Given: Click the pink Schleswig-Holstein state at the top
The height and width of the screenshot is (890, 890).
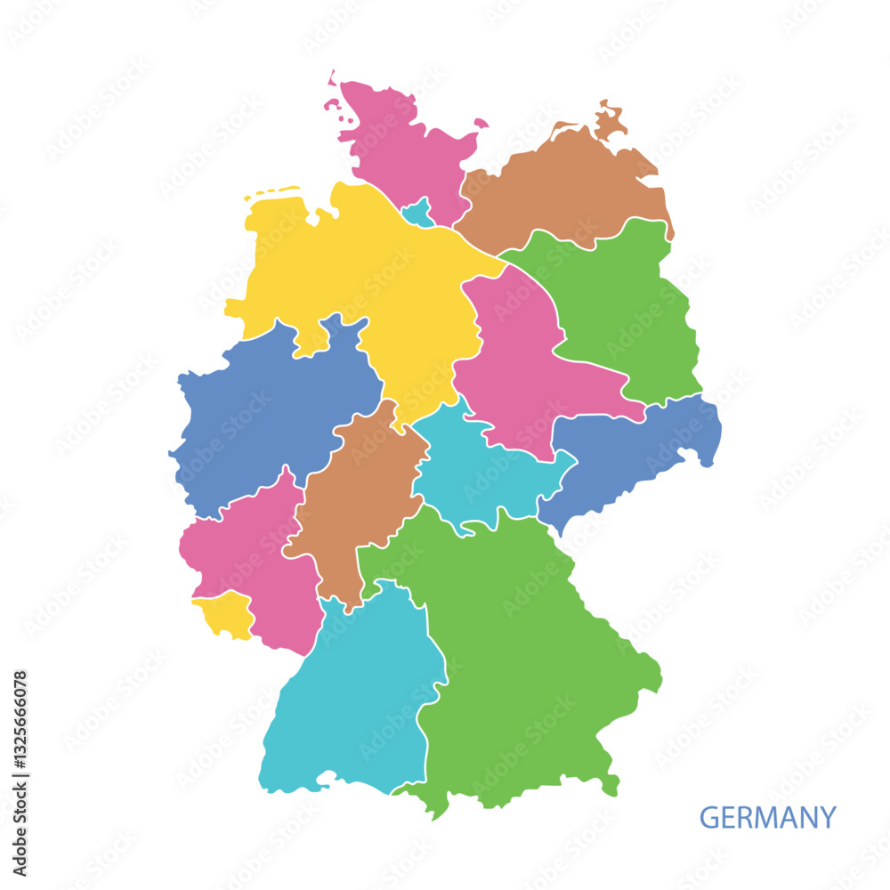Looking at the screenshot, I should click(x=400, y=142).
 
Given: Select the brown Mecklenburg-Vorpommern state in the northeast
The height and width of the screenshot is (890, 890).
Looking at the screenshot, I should click(x=561, y=187).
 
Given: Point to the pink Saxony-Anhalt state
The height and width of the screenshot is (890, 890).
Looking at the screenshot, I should click(x=516, y=356).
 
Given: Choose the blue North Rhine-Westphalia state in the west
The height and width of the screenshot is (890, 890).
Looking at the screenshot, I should click(x=267, y=409).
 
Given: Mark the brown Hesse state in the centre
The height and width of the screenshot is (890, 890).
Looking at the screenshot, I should click(x=356, y=498).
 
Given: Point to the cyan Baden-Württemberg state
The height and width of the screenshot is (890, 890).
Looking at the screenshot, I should click(x=356, y=694).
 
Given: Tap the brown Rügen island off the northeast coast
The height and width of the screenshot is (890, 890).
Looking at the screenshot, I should click(x=610, y=120).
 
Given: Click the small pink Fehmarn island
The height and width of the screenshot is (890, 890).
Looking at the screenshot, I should click(x=481, y=123).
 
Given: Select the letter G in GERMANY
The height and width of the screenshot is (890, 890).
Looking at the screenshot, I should click(x=708, y=817).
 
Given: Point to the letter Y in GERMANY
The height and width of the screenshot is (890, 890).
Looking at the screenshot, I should click(x=828, y=817).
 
